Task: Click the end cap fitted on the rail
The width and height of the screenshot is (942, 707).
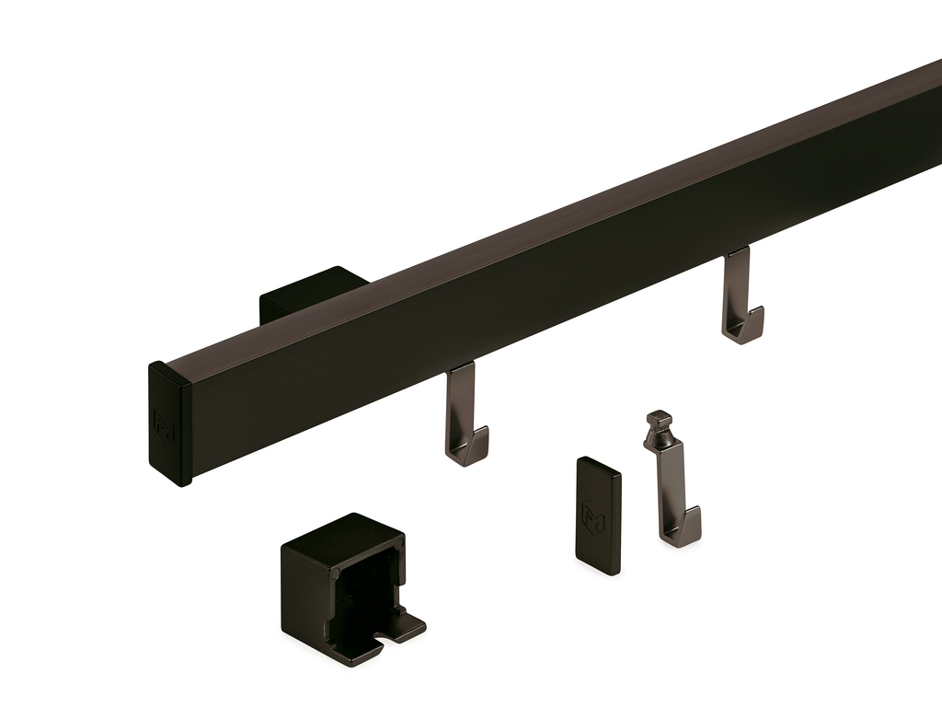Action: (170, 423)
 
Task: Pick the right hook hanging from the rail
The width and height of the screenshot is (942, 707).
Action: (741, 299)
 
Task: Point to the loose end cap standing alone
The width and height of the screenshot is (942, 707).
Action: (598, 516)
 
